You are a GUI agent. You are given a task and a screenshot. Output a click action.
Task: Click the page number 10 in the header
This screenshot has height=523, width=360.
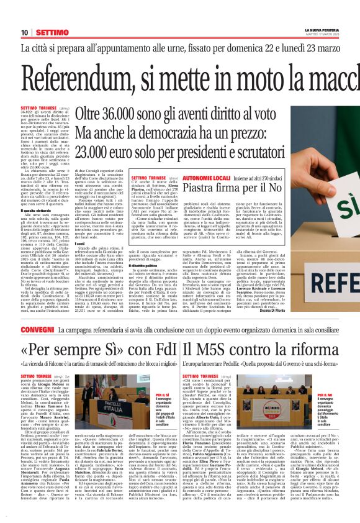pyautogui.click(x=24, y=32)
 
